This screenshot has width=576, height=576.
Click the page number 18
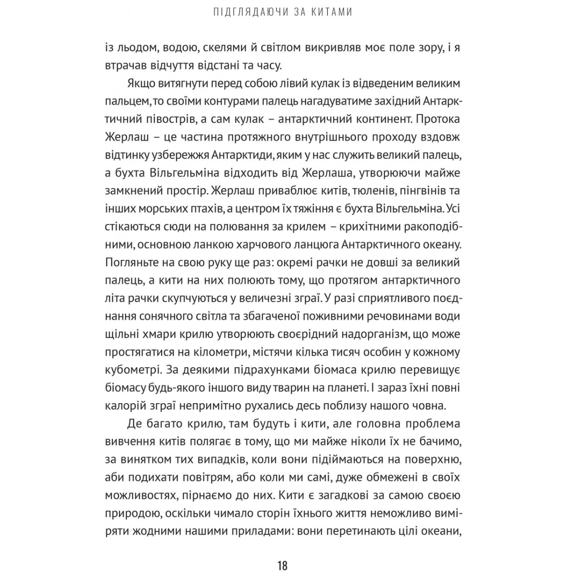point(282,552)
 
